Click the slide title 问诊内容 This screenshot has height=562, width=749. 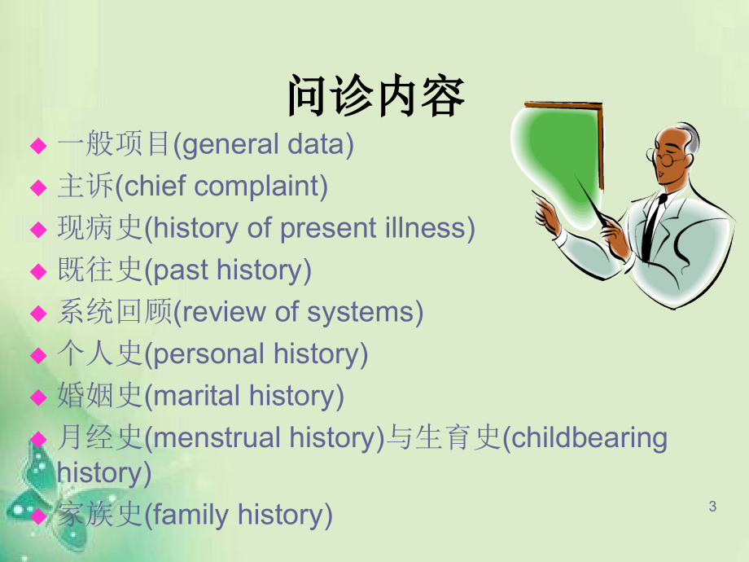click(x=376, y=96)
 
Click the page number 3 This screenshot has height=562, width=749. click(x=712, y=506)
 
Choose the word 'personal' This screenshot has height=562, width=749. click(x=209, y=355)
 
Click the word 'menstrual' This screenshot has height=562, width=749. click(x=217, y=438)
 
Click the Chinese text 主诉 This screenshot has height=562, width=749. click(x=85, y=186)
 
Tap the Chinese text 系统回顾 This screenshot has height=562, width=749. click(x=115, y=312)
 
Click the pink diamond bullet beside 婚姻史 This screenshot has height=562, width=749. click(x=39, y=397)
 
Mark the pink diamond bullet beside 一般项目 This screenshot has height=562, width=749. click(x=39, y=145)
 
